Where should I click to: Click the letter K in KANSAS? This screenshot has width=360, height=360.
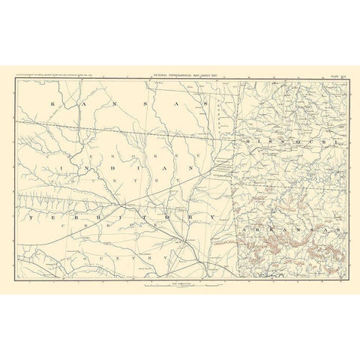(x=53, y=103)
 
